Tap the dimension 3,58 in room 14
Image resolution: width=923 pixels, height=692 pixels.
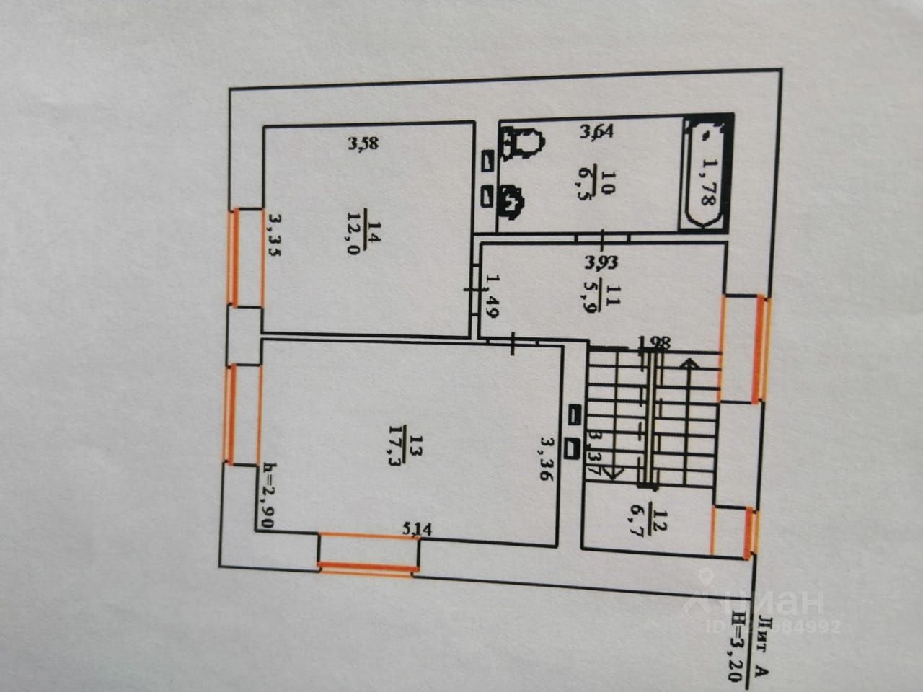363,143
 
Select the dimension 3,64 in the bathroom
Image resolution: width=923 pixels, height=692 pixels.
597,131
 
